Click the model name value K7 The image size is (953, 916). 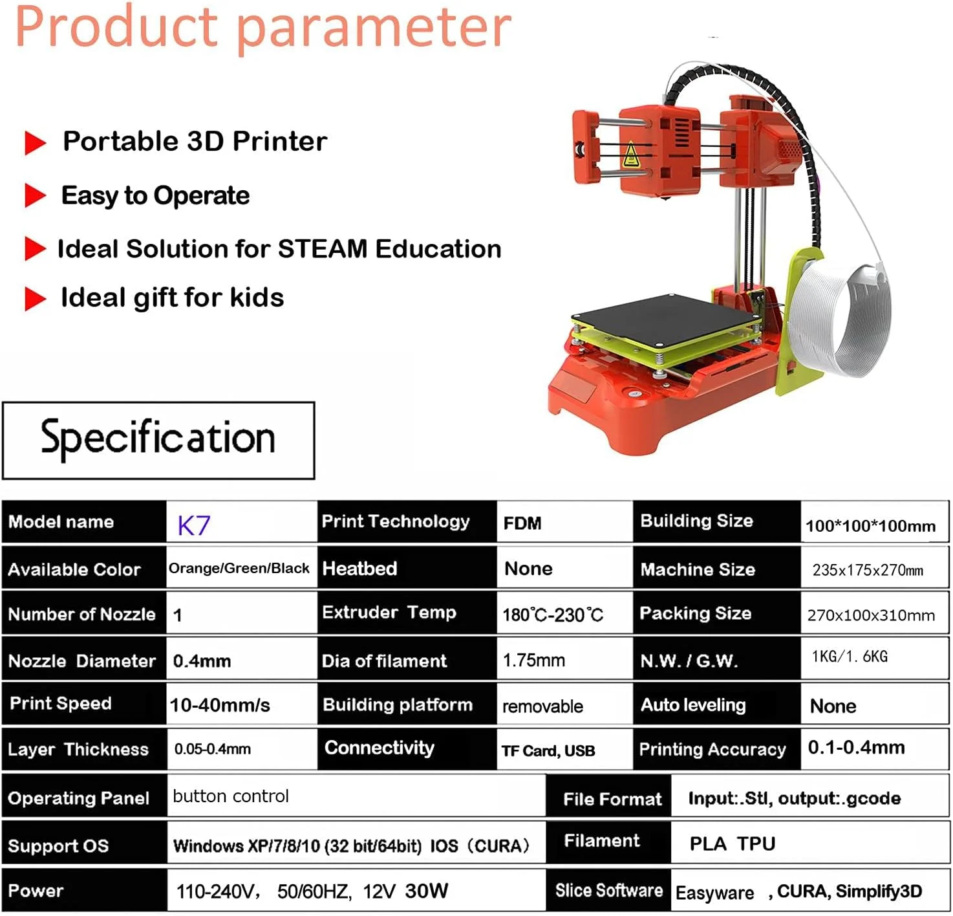[194, 525]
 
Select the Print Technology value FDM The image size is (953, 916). [522, 523]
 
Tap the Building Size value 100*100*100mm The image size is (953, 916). [870, 526]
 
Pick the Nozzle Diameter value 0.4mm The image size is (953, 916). [202, 661]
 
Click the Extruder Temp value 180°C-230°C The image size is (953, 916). [553, 615]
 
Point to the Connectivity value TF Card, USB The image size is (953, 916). [548, 751]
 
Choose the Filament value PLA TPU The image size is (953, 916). [732, 844]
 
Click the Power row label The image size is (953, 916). [36, 891]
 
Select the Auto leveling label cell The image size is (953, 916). [693, 705]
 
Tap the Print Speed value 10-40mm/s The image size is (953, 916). [220, 705]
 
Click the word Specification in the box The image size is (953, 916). [158, 438]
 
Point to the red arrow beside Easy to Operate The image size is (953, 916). [35, 195]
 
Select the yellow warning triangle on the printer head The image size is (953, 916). [631, 155]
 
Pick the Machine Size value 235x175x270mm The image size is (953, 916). [868, 570]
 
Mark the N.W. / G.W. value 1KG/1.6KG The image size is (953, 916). [850, 657]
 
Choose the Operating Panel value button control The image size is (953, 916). [231, 796]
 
